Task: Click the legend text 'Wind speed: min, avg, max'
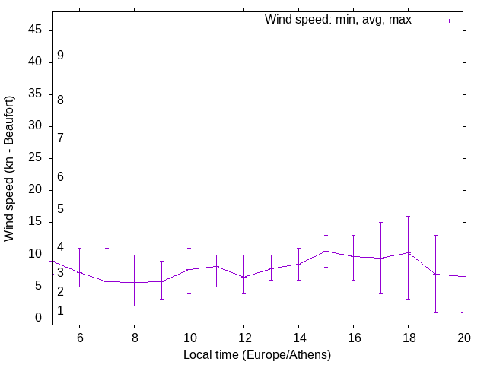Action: pos(338,20)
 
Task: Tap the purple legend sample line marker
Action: pos(434,21)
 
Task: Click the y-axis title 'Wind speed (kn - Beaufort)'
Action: pos(9,169)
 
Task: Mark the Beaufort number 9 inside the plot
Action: pos(60,56)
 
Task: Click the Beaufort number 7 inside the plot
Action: pos(60,138)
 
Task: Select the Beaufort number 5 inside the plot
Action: pos(60,208)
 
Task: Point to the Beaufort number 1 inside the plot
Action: pos(60,311)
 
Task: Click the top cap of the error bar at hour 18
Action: pos(408,216)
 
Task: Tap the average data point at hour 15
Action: pos(326,251)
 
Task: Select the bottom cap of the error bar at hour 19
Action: pos(435,312)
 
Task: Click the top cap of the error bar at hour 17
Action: pos(380,222)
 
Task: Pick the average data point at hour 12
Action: pos(243,277)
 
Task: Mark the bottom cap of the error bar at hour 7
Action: pos(107,306)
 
